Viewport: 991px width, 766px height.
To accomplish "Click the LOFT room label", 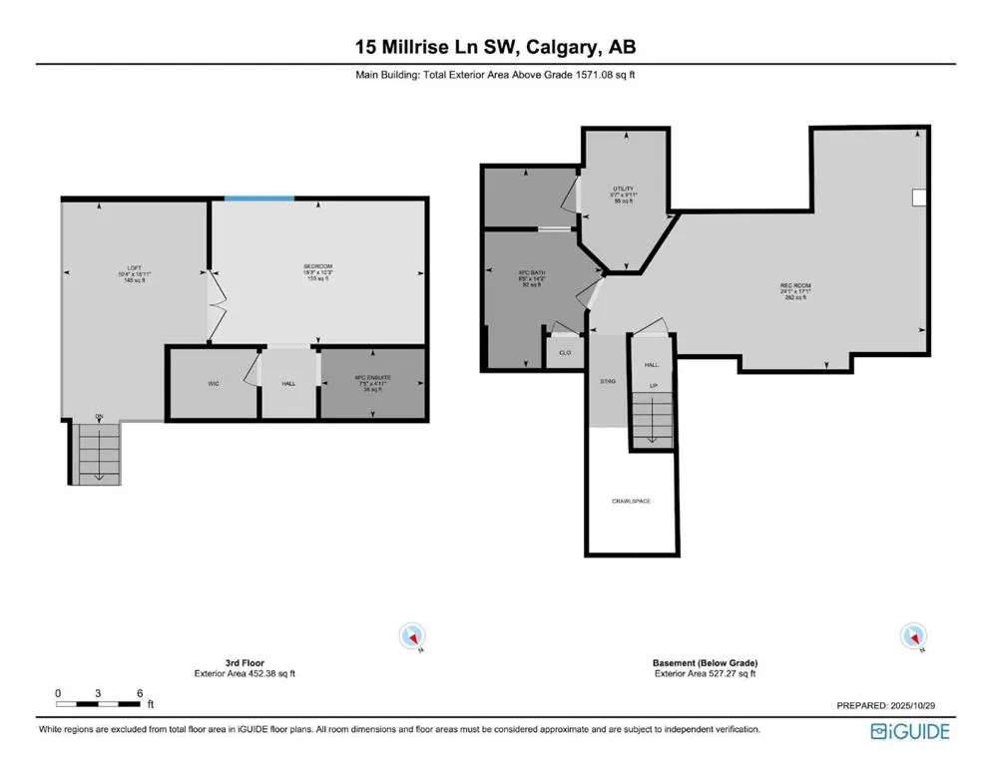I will point(135,266).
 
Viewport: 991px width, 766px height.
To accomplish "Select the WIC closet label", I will point(214,383).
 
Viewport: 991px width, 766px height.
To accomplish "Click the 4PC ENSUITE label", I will point(371,377).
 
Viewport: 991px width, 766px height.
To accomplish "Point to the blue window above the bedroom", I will point(258,198).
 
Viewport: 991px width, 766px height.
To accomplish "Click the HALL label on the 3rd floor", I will point(288,383).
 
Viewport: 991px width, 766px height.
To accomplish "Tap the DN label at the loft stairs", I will point(99,416).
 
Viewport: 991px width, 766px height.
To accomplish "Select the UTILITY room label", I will point(624,189).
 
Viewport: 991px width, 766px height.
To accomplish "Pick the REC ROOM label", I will point(795,286).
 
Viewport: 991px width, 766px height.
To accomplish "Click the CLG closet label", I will point(564,352).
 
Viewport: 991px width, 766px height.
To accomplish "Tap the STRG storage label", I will point(608,381).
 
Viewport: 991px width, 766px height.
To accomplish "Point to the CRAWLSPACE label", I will point(631,500).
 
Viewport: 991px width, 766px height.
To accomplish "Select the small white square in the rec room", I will point(920,197).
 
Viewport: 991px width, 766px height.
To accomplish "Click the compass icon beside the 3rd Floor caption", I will point(411,635).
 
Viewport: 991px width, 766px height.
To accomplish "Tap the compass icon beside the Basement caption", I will point(911,635).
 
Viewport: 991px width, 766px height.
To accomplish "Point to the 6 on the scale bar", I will point(140,692).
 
